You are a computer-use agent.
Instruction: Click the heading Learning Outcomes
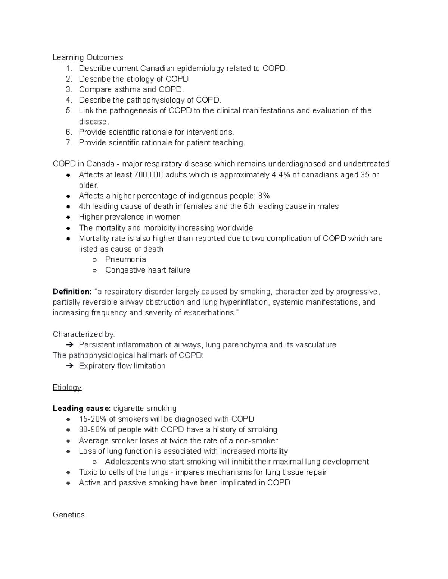[88, 57]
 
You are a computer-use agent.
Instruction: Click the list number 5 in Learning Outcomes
[68, 111]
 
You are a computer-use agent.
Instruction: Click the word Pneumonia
[125, 259]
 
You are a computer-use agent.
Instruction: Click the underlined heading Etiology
[67, 387]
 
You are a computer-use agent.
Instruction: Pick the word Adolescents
[127, 462]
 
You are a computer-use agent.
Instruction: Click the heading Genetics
[69, 515]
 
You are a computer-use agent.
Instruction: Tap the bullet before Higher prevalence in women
[68, 217]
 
